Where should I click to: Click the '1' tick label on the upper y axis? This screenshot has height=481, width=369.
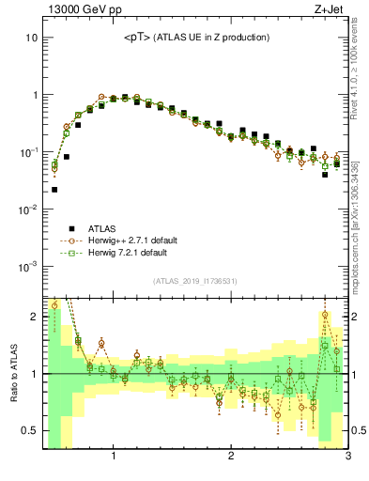pos(34,95)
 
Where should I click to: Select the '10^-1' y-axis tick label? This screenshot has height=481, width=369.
pos(28,151)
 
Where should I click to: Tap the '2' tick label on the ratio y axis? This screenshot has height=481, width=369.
pos(34,317)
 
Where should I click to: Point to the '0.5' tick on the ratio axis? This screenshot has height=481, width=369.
pos(29,431)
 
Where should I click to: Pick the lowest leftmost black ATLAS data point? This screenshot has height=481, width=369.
pos(54,189)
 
